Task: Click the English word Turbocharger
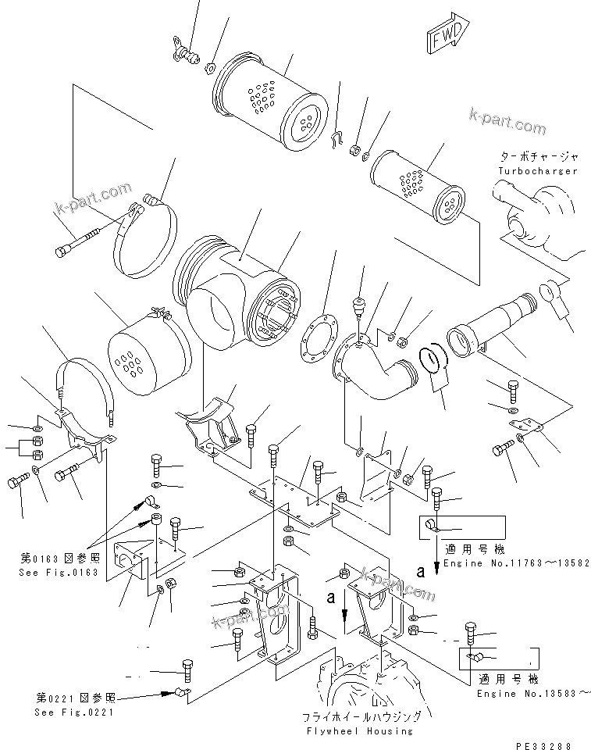pos(537,170)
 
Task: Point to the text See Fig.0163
pos(59,571)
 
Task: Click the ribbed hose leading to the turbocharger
pos(487,327)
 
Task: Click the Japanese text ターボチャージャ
pos(537,156)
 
